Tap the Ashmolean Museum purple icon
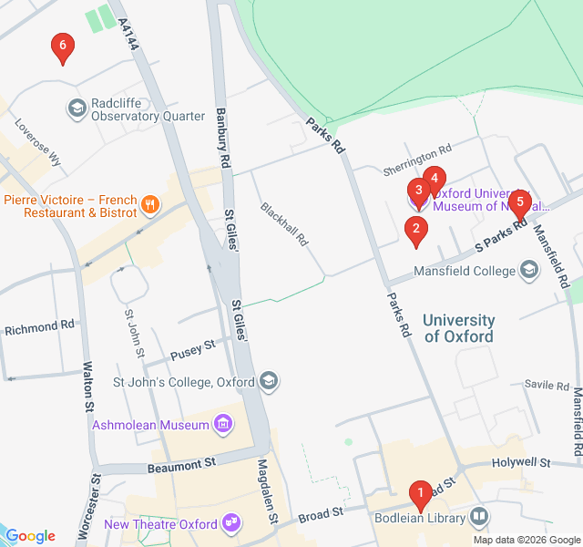(222, 424)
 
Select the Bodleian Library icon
(479, 518)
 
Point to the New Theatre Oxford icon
(232, 523)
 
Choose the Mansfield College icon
(529, 270)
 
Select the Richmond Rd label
(38, 325)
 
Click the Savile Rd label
(547, 386)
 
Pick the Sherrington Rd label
(417, 153)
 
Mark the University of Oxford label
(459, 328)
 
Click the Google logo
(31, 536)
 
